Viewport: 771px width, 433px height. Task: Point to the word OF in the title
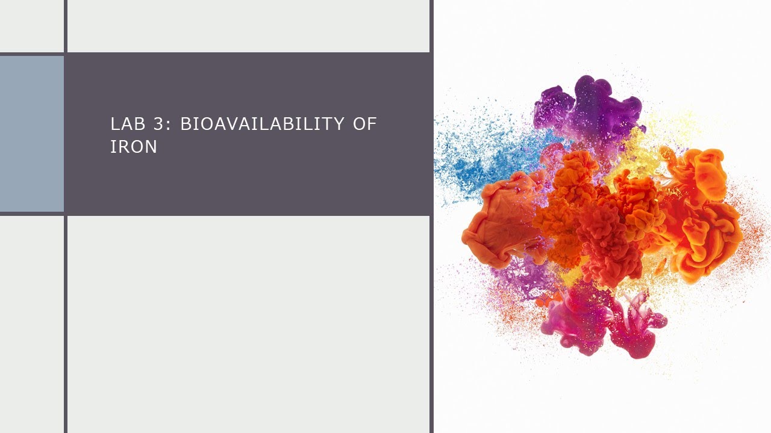click(x=365, y=124)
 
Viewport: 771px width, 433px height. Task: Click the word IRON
click(x=134, y=147)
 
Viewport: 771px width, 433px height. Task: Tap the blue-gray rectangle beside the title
click(x=31, y=134)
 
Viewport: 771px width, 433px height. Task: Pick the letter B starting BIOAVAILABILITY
click(x=186, y=124)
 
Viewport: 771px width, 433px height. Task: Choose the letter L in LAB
click(x=114, y=124)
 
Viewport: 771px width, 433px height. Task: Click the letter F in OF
click(x=373, y=124)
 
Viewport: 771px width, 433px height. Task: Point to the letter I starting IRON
click(x=113, y=147)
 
